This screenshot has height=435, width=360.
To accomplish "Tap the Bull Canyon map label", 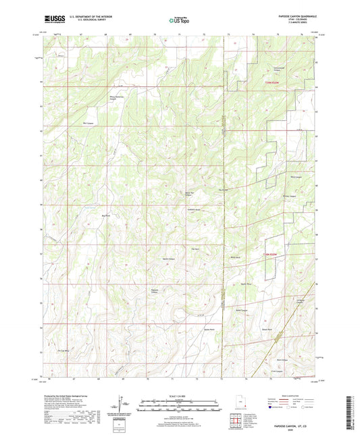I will click(x=87, y=124).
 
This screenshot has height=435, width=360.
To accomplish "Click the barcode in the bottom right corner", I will click(x=353, y=411).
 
